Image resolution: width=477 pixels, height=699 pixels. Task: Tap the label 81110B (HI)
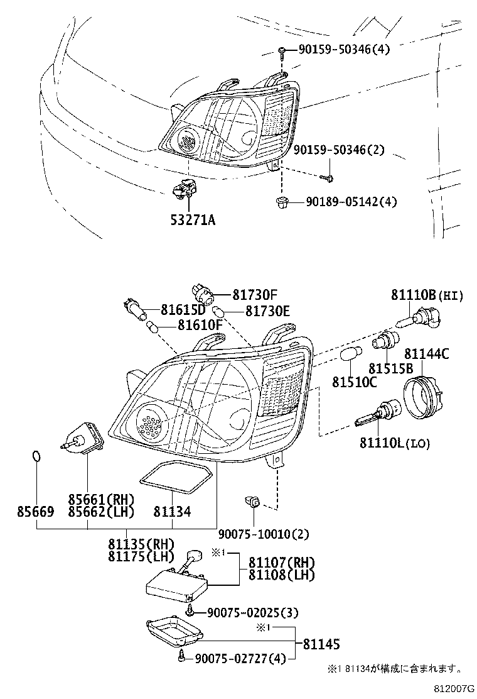click(427, 295)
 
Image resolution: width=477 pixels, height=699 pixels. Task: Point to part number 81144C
click(426, 355)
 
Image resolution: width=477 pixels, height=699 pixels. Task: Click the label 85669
click(35, 512)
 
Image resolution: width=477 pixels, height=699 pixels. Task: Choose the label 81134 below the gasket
click(171, 512)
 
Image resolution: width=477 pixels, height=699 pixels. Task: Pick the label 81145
click(321, 644)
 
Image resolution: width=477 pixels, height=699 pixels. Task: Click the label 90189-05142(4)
click(352, 202)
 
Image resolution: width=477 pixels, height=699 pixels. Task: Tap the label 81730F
click(255, 294)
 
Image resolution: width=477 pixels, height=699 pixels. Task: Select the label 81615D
click(183, 310)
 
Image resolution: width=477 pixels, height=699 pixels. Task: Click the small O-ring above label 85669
click(37, 456)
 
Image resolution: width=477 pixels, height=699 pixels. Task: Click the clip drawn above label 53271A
click(185, 187)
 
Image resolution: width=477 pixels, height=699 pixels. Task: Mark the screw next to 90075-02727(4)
click(182, 657)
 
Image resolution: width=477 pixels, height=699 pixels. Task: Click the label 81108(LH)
click(282, 574)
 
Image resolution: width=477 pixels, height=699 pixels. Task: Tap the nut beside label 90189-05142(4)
click(282, 202)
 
